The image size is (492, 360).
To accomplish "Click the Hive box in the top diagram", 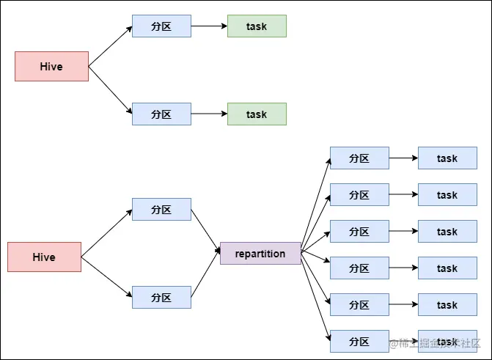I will tap(51, 66).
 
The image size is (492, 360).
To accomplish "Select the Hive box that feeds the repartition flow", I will tap(44, 257).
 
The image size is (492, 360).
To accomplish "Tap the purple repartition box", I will tap(260, 254).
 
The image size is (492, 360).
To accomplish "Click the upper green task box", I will tap(257, 26).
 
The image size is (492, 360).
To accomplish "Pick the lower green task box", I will tap(257, 114).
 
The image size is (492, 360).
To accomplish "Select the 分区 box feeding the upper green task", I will tap(161, 26).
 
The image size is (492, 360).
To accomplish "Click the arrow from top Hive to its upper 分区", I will tap(110, 46).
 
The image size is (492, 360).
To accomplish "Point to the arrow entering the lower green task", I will tap(209, 114).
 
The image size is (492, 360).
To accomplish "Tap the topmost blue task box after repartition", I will tap(447, 158).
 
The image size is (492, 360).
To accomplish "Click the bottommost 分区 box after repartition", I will tap(359, 342).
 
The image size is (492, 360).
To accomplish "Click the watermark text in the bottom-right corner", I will tap(436, 343).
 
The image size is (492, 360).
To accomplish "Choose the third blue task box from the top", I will tap(447, 232).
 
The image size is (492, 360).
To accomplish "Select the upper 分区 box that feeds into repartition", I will tap(161, 210).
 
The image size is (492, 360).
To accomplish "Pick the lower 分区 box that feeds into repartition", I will tap(161, 298).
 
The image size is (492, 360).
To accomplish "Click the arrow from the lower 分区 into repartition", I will tap(205, 276).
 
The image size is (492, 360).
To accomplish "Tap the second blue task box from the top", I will tap(447, 195).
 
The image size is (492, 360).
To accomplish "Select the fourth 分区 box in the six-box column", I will tap(359, 268).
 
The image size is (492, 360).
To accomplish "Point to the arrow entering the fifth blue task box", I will tap(403, 305).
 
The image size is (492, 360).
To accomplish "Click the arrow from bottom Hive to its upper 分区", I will tap(106, 233).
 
